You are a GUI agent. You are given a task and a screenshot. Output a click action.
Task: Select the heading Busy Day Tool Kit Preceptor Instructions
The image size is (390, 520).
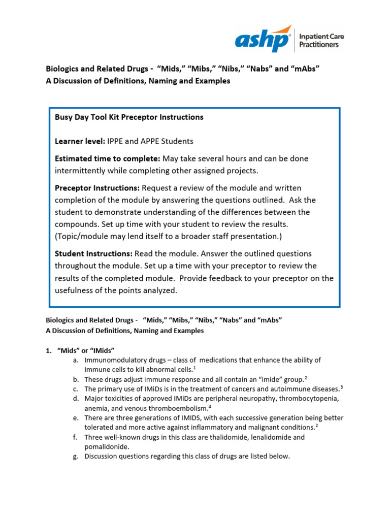[129, 117]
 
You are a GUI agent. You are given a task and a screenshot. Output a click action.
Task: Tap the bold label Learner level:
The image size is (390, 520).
[80, 141]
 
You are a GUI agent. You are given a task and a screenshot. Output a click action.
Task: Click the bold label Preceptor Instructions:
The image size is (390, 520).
[97, 188]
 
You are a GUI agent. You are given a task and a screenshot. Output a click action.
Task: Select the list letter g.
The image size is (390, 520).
[76, 456]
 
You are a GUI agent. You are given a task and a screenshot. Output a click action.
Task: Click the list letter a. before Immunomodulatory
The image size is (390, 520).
[76, 360]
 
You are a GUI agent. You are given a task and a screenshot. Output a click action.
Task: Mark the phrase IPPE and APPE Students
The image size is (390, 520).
[150, 141]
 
